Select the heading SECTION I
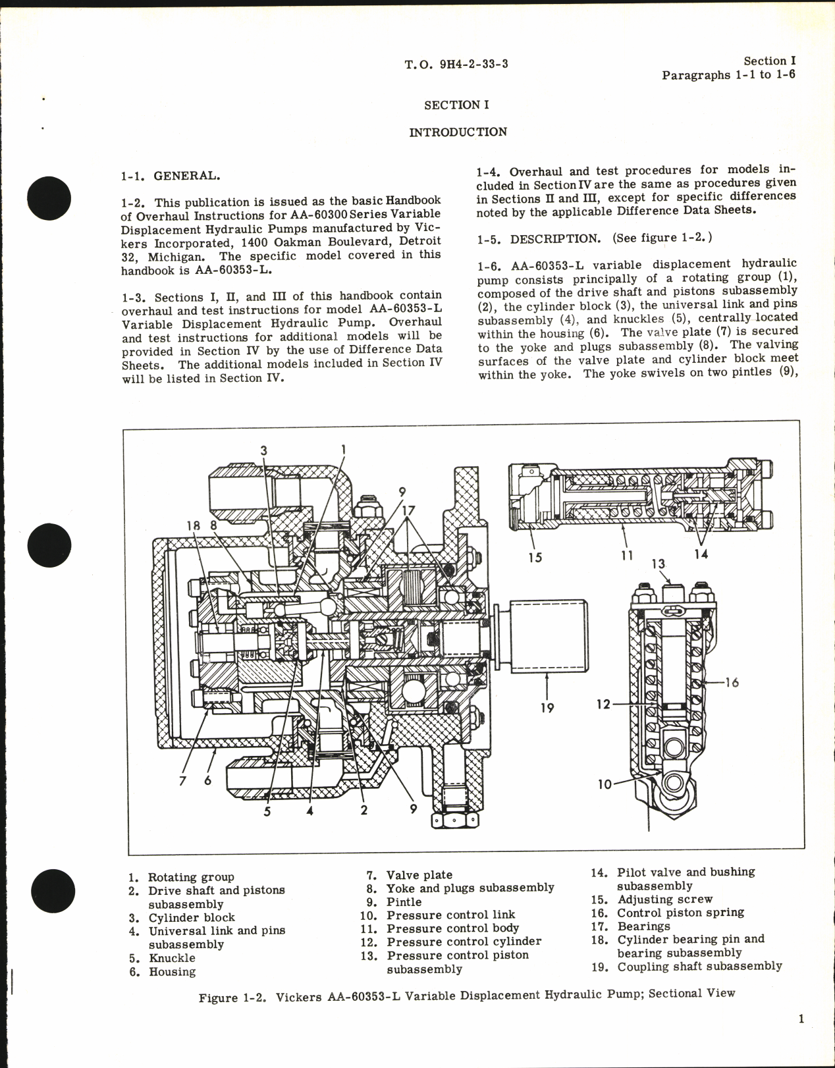pos(456,105)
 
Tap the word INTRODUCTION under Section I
pos(458,132)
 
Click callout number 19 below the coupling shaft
pos(547,708)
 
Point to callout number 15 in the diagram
pos(535,557)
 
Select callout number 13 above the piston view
pos(659,564)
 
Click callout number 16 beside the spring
pos(732,682)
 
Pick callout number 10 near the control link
pos(605,784)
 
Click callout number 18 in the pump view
pos(193,525)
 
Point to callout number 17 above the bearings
pos(409,510)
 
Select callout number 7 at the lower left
pos(182,781)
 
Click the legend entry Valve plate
pos(419,875)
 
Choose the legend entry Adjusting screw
pos(664,899)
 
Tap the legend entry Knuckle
pos(172,958)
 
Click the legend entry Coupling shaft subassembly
pos(699,967)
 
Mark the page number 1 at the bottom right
pos(801,1019)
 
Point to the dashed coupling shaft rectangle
pos(547,636)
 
